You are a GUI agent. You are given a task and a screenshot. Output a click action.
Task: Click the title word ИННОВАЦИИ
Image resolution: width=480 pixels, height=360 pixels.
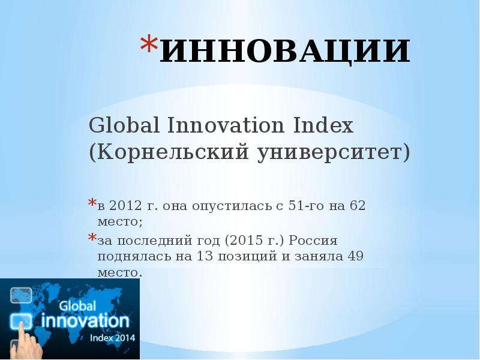[285, 51]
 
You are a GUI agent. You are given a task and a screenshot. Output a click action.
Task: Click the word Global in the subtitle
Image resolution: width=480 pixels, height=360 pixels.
[124, 125]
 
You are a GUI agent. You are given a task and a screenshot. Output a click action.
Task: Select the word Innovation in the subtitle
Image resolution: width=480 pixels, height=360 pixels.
[226, 125]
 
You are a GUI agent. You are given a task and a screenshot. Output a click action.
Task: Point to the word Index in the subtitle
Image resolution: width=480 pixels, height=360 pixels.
[323, 125]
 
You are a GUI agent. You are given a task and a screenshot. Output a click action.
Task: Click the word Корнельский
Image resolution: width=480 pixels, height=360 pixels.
[169, 152]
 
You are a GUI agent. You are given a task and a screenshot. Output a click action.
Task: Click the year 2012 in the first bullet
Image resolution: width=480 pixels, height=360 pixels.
[125, 205]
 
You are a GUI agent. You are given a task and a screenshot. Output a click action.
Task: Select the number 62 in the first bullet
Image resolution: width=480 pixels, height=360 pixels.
[358, 205]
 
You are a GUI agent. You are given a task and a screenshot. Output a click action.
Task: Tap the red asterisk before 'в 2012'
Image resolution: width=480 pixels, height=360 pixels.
[92, 203]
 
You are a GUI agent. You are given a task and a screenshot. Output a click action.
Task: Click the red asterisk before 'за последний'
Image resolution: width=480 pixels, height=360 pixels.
[92, 237]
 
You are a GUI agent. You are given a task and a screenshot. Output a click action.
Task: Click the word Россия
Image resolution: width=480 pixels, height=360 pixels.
[313, 241]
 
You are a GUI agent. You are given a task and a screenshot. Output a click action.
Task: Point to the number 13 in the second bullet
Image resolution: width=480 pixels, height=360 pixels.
[205, 256]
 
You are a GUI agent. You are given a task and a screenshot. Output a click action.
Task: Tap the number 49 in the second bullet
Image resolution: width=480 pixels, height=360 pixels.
[355, 256]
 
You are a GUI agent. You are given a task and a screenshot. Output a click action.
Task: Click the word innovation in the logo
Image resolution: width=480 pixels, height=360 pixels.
[85, 321]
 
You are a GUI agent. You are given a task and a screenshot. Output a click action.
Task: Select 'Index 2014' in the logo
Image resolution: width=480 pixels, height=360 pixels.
[112, 338]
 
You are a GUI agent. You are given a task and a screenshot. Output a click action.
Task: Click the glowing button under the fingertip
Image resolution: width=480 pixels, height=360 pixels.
[21, 321]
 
